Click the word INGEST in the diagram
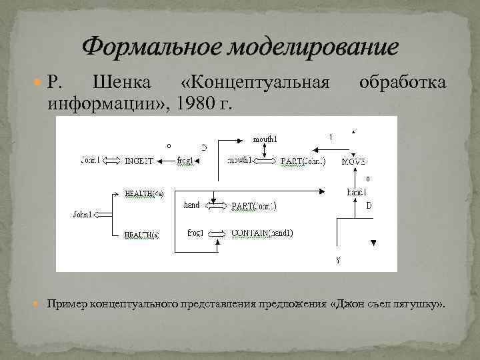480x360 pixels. (139, 161)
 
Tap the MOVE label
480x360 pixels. (353, 162)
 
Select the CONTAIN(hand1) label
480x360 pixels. (262, 233)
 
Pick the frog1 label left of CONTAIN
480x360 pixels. (196, 233)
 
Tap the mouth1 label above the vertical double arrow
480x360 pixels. (265, 139)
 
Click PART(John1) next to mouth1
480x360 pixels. (303, 161)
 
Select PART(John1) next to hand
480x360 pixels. (254, 206)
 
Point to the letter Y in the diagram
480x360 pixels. (338, 261)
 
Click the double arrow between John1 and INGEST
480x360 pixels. (112, 161)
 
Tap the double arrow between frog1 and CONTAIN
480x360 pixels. (217, 233)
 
